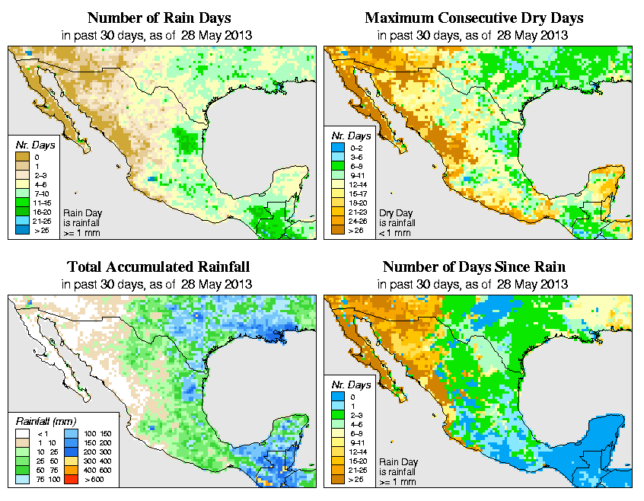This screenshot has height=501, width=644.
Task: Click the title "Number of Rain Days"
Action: tap(159, 18)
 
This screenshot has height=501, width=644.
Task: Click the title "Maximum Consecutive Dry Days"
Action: tap(474, 18)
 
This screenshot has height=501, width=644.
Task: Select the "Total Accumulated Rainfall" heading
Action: tap(158, 267)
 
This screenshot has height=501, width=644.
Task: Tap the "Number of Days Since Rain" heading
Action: tap(474, 267)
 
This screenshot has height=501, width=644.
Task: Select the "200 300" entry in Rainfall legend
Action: tap(83, 451)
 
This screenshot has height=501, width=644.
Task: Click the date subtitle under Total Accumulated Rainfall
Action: tap(158, 283)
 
